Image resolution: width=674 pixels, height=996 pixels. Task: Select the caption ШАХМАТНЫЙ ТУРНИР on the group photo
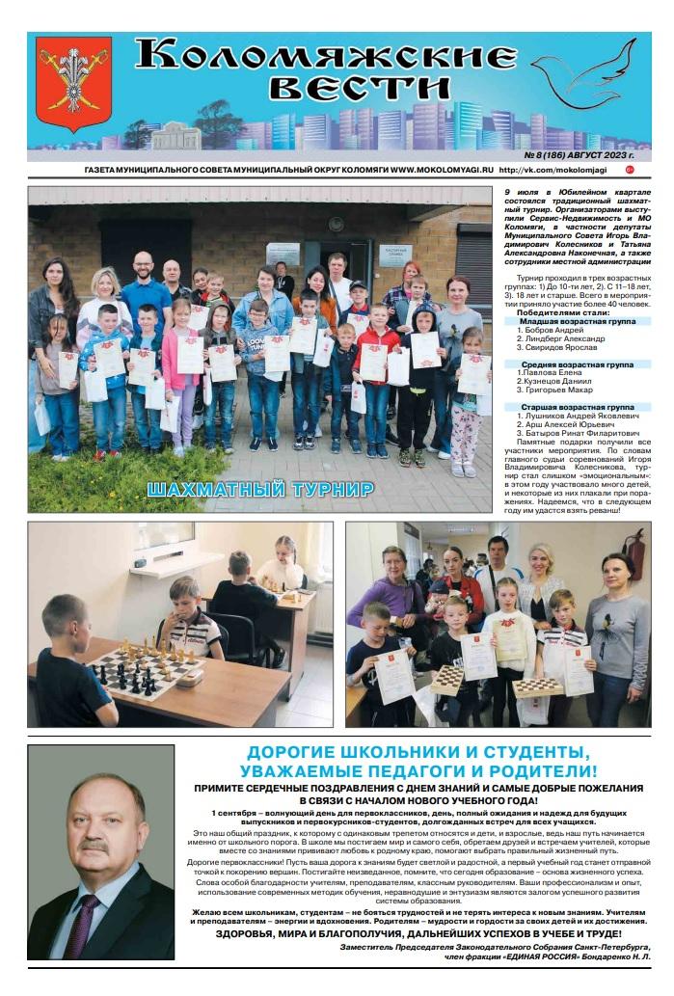pos(259,489)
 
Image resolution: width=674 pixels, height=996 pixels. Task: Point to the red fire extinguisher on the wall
pos(634,555)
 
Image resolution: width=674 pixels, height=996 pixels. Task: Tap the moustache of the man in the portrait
pos(94,845)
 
